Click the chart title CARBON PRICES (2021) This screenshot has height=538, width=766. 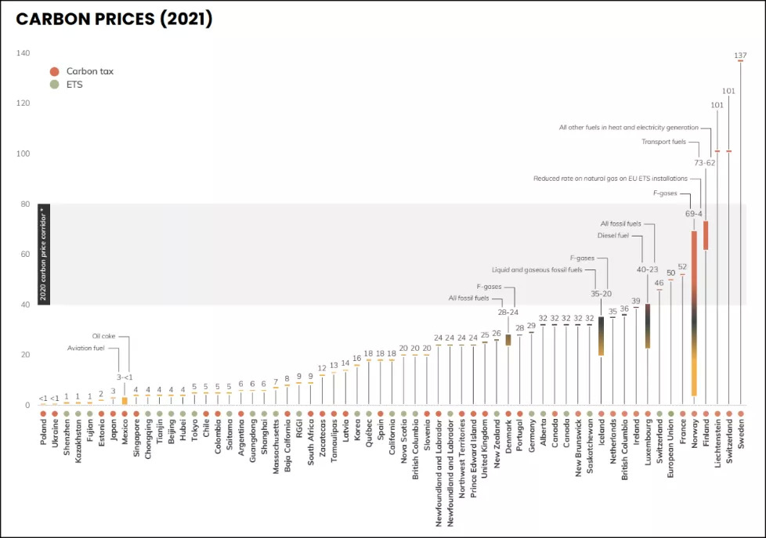(x=114, y=20)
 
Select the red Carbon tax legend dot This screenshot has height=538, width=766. (x=54, y=71)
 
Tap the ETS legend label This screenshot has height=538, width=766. (x=74, y=85)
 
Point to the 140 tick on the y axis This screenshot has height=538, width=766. (x=23, y=53)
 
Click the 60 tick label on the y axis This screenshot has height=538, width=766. (x=24, y=255)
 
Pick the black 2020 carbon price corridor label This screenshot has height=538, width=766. (x=44, y=255)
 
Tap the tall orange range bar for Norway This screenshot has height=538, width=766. (x=694, y=313)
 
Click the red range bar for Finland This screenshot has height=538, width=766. (x=706, y=235)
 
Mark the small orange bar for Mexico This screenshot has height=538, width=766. (x=125, y=400)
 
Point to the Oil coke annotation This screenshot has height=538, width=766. (x=103, y=336)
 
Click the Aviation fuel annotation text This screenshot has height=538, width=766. (x=87, y=348)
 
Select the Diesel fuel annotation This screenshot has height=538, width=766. (x=614, y=234)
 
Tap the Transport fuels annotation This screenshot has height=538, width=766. (x=663, y=142)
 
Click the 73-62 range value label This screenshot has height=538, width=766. (x=705, y=163)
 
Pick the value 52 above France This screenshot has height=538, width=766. (x=682, y=267)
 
